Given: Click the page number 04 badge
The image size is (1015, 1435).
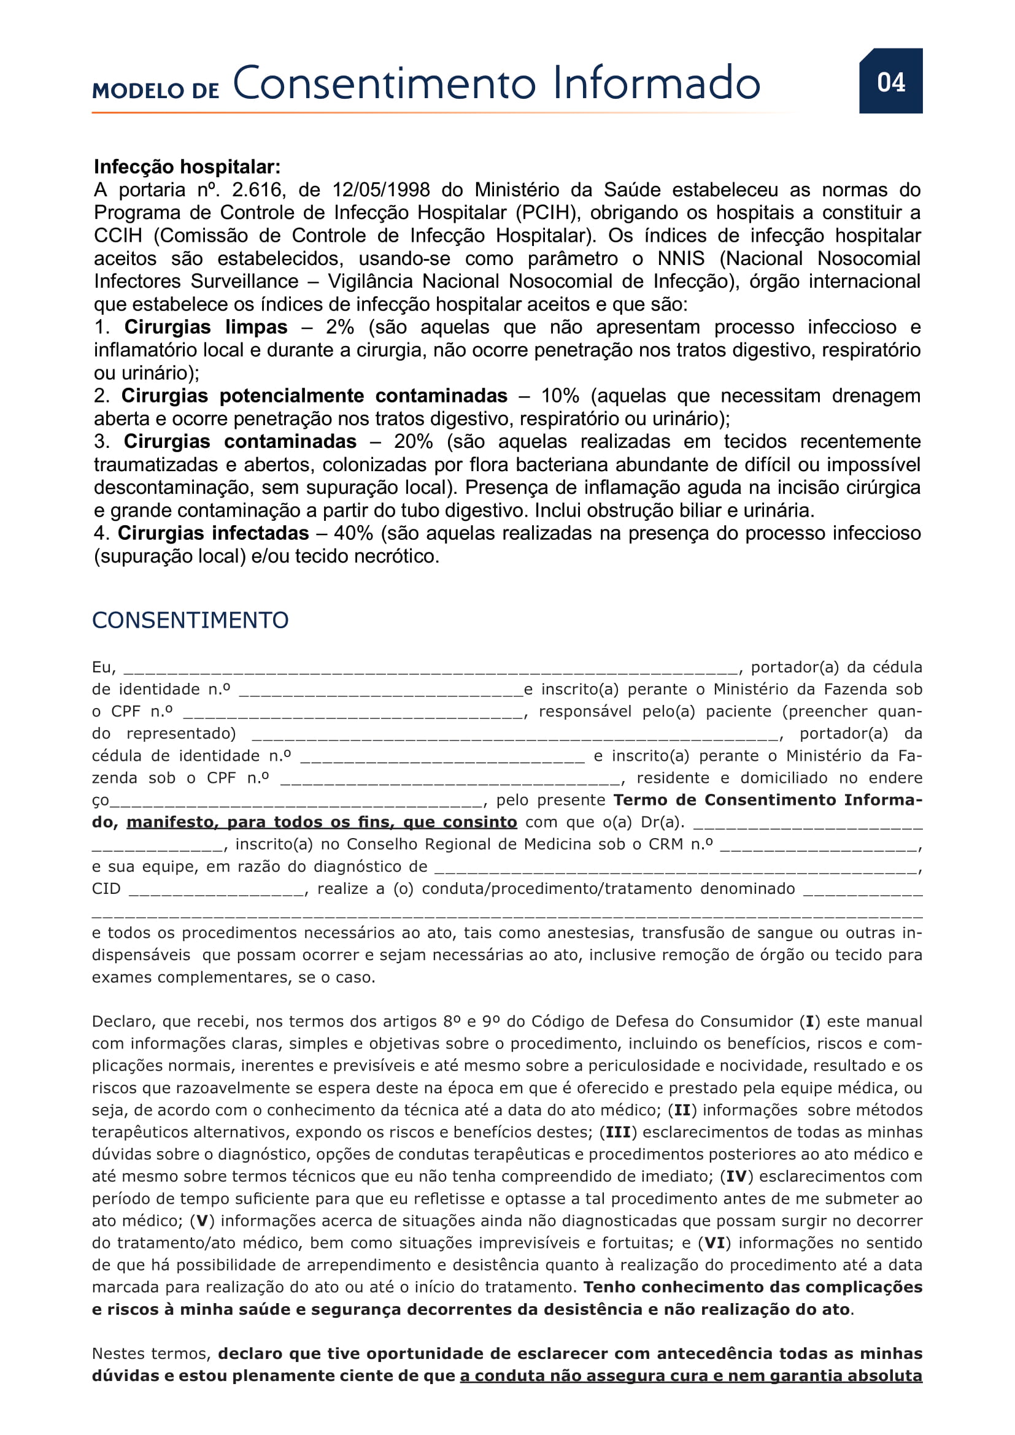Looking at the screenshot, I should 890,82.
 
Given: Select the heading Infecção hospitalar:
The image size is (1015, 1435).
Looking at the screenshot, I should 187,167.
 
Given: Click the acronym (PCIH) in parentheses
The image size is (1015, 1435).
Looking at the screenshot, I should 547,213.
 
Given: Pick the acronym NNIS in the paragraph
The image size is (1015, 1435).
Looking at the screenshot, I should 681,259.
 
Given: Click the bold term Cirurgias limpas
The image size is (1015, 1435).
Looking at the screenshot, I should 206,328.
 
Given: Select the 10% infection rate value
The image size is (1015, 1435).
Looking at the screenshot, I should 560,396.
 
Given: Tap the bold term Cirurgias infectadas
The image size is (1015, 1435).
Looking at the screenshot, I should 213,534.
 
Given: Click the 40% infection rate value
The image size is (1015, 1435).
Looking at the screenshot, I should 353,534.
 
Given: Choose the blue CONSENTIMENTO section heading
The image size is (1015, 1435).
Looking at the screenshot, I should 190,620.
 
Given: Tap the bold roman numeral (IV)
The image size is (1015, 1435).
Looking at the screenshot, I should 736,1176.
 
